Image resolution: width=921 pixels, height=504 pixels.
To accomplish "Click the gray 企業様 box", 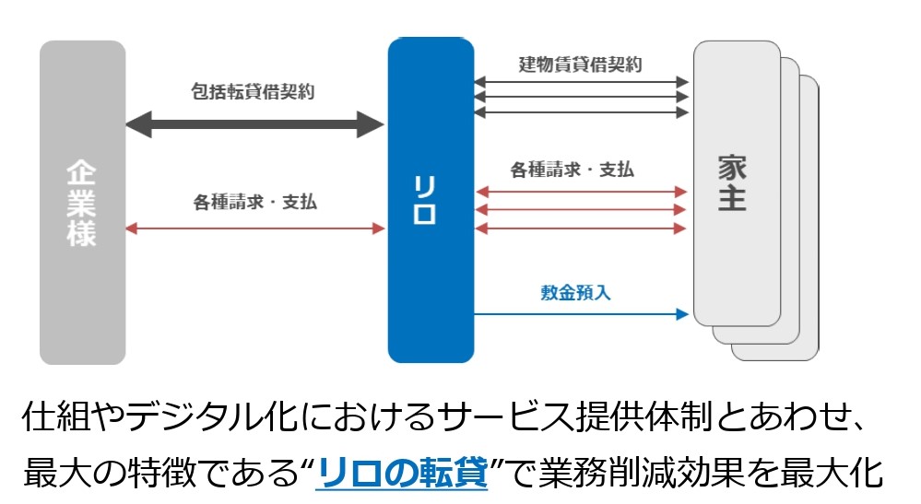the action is tap(83, 203).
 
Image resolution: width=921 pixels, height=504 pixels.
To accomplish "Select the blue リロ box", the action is tap(431, 200).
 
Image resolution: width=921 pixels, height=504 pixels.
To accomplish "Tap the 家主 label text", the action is tap(732, 183).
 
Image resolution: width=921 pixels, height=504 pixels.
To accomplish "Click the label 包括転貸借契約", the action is tap(253, 91).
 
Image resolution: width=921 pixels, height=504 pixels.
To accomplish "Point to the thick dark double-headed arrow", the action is tap(255, 124).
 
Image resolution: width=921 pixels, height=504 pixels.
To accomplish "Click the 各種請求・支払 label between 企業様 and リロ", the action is tap(255, 202).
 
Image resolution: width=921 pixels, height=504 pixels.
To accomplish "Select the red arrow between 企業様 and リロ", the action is tap(255, 229).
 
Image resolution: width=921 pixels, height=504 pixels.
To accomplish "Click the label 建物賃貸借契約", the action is tap(580, 64).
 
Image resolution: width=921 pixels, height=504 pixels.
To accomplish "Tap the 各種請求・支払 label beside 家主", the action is tap(573, 170).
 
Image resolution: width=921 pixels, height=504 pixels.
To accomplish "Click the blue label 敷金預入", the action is tap(575, 292).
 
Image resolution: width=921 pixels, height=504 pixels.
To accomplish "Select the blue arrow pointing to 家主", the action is tap(581, 314).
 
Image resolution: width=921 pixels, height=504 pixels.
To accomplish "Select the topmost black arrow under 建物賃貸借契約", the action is tap(581, 82).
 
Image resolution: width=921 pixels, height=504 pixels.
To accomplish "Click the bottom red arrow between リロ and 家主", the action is tap(581, 229).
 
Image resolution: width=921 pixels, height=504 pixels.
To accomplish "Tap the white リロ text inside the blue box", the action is tap(425, 200).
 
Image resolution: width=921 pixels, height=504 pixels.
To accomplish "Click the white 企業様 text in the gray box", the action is tap(81, 203).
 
